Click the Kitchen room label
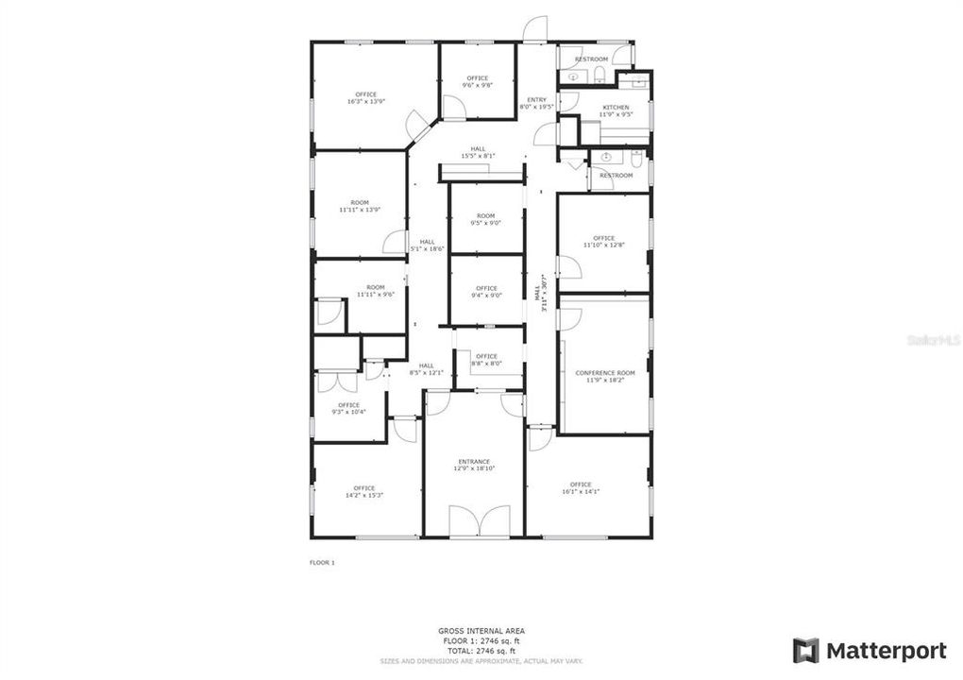coord(616,108)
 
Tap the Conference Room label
coord(604,373)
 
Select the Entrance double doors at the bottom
coord(473,520)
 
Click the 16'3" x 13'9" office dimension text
coord(365,102)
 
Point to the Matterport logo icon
coord(805,651)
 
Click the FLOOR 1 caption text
coord(322,562)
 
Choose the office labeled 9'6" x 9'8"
coord(477,81)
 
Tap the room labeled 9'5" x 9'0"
coord(485,219)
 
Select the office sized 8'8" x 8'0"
coord(486,360)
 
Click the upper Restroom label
coord(591,59)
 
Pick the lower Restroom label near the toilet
coord(617,176)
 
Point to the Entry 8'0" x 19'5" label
coord(536,103)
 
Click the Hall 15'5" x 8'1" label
coord(478,152)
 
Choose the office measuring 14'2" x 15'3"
coord(363,491)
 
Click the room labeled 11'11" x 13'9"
coord(360,206)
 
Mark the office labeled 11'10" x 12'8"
coord(603,242)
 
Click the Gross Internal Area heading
coord(481,631)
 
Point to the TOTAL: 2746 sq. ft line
coord(481,651)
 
